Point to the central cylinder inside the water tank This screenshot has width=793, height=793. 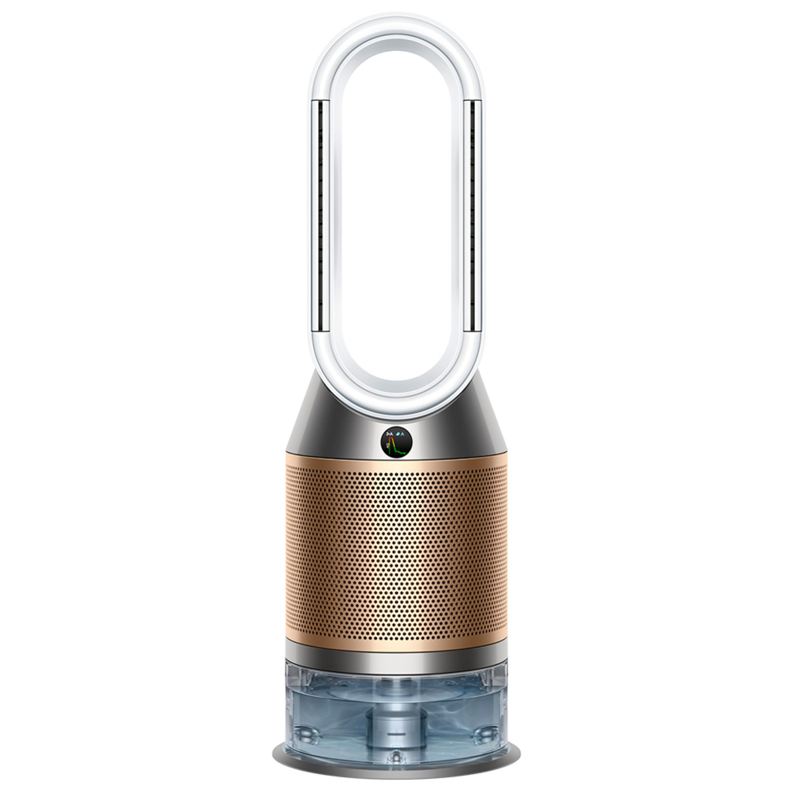tap(397, 723)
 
